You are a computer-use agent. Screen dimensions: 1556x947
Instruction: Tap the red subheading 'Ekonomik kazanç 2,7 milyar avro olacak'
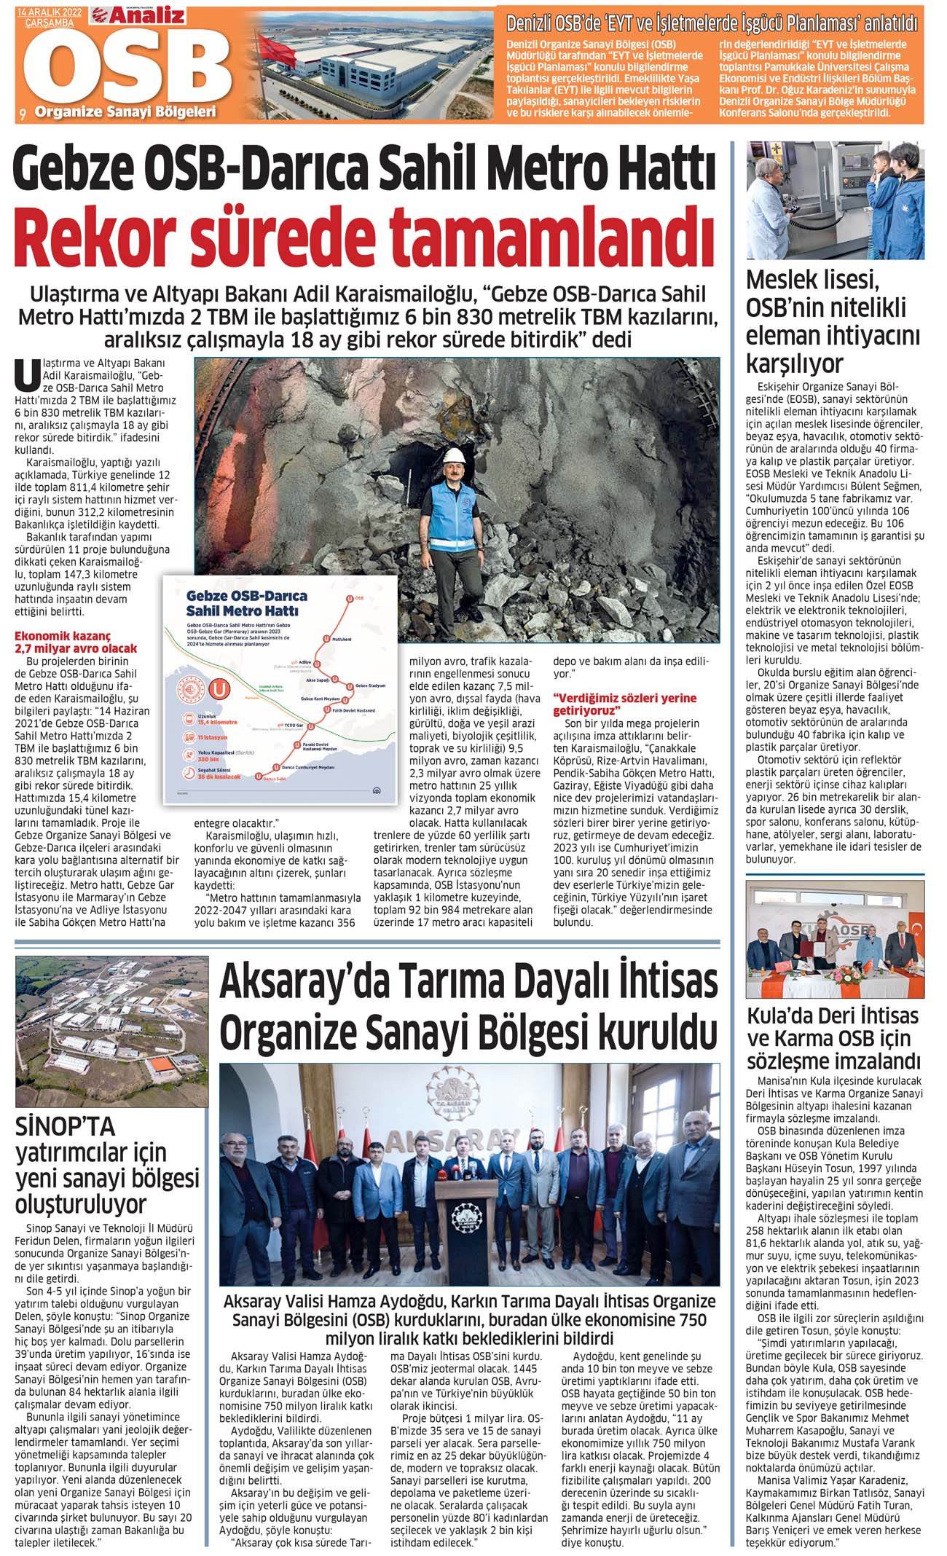(x=76, y=642)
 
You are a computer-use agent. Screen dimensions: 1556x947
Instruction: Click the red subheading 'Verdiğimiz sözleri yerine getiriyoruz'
(x=625, y=704)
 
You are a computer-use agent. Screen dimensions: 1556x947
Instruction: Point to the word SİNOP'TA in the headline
(x=66, y=1127)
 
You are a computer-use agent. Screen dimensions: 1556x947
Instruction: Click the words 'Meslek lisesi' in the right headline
(x=812, y=280)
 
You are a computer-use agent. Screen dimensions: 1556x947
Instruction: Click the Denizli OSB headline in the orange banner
(x=711, y=23)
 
